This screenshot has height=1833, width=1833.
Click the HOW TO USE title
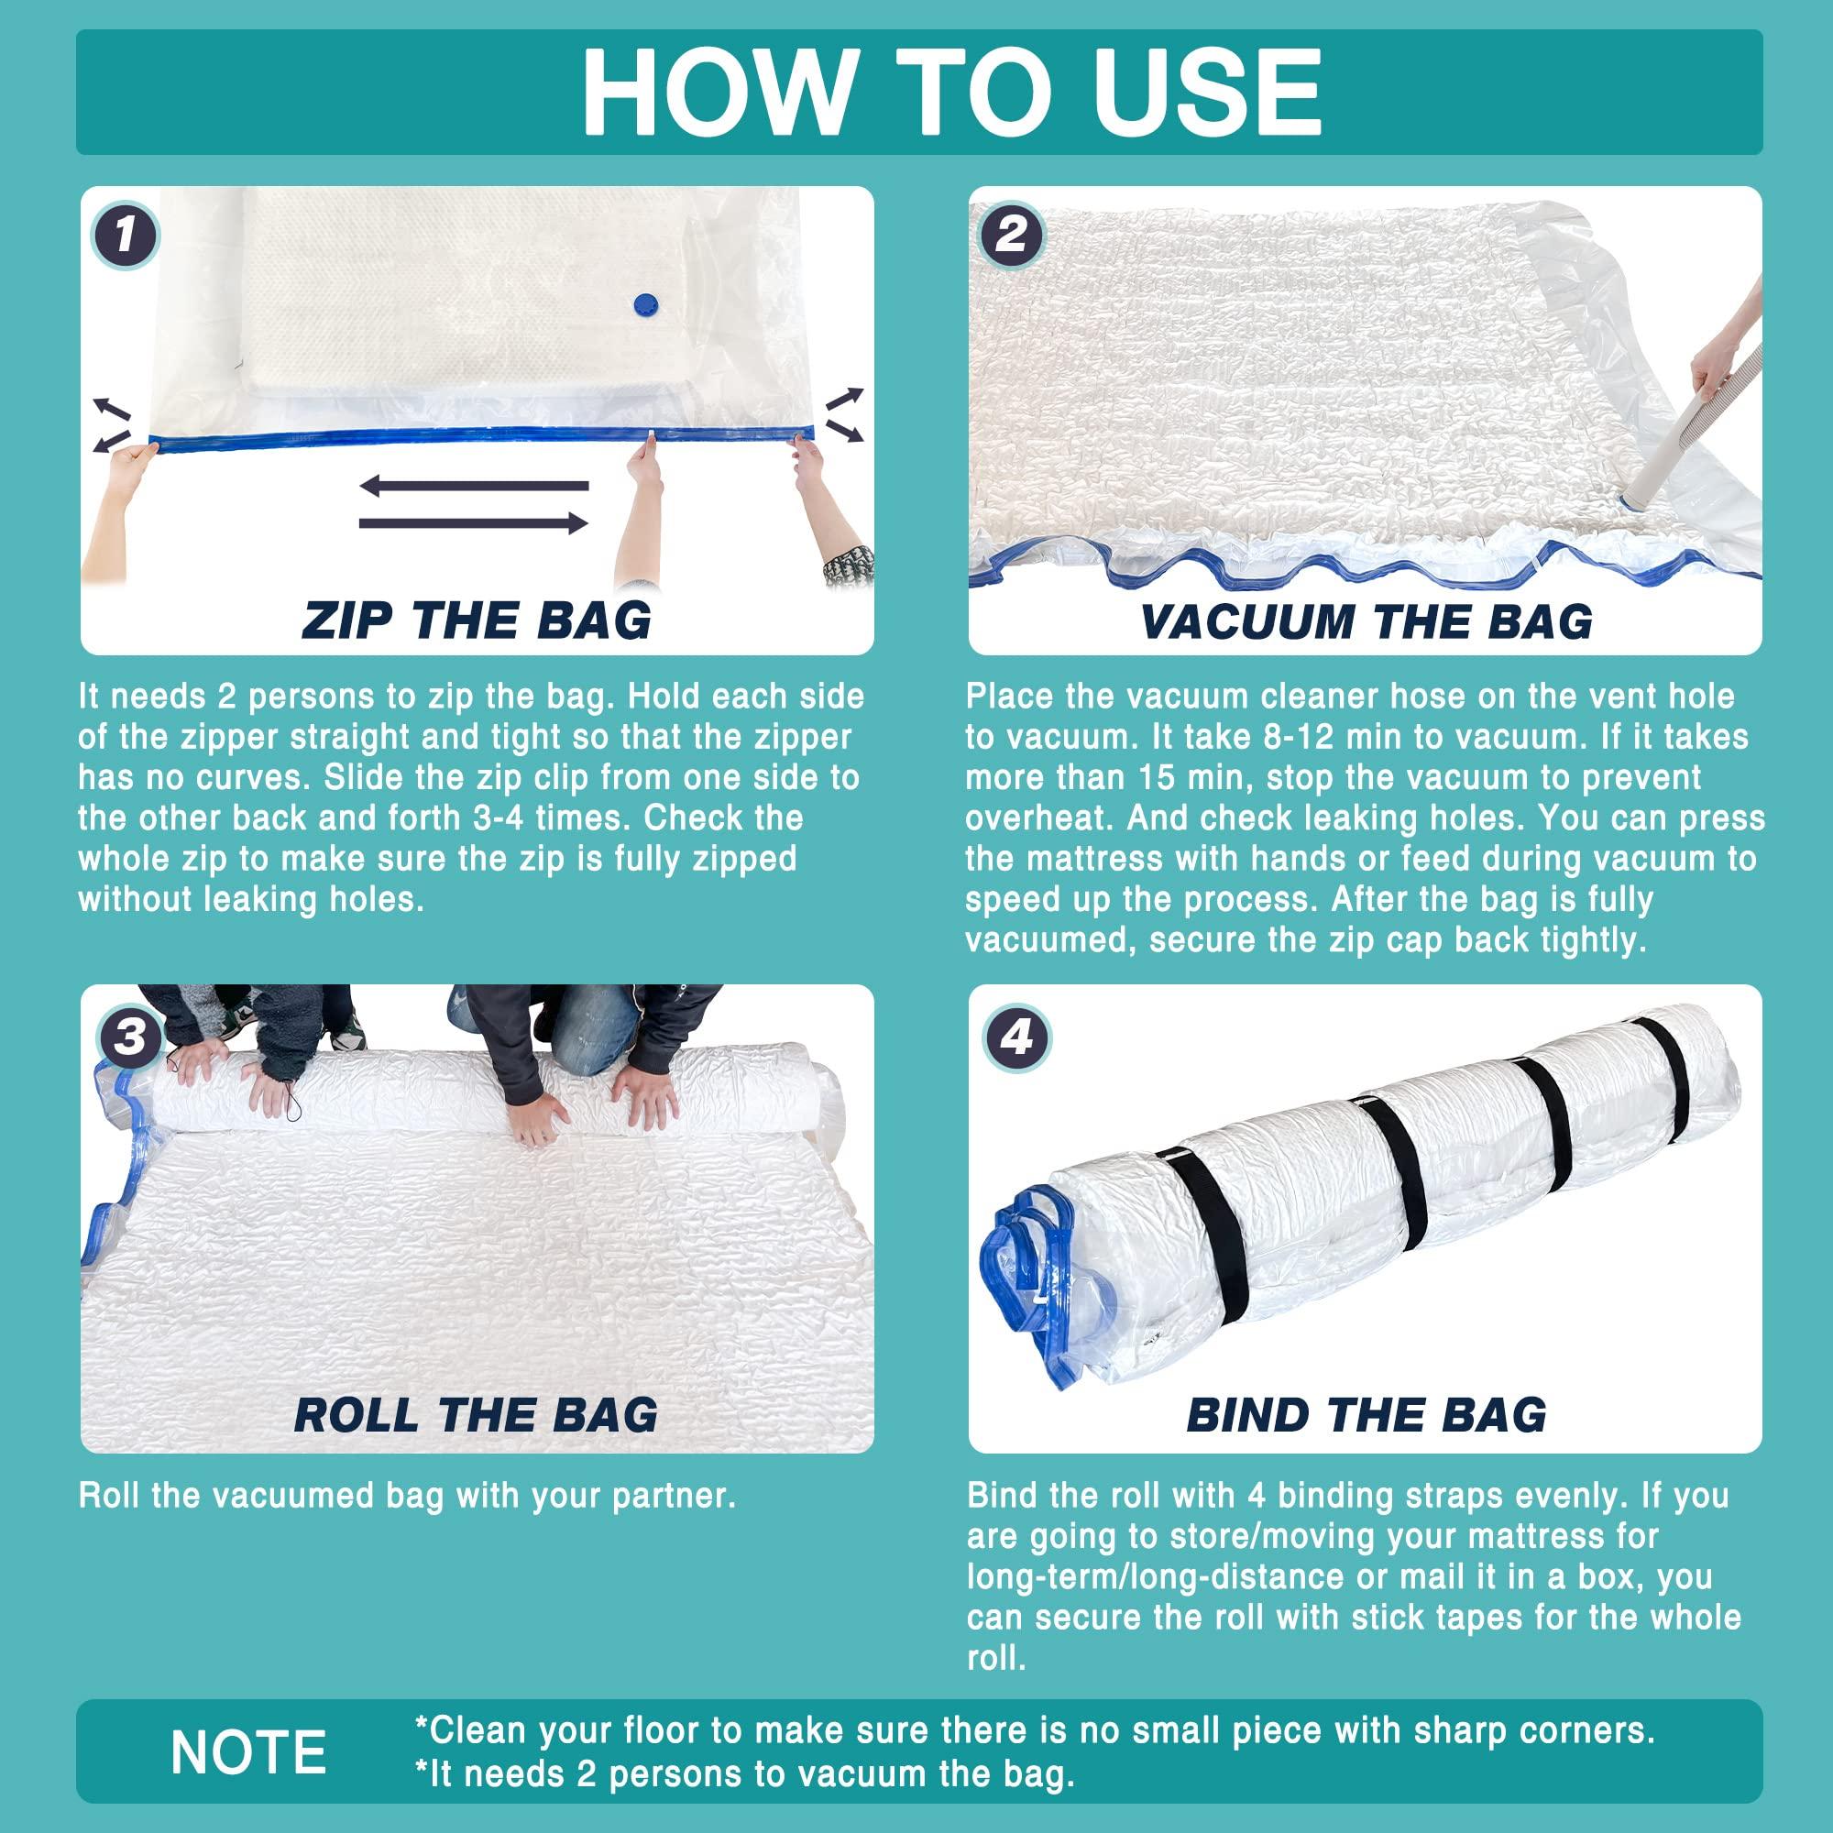coord(951,92)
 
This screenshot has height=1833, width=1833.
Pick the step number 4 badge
coord(1016,1037)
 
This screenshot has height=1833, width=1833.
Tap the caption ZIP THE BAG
coord(477,621)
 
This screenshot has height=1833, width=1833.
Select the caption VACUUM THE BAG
coord(1367,621)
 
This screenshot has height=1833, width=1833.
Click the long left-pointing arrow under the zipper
coord(474,486)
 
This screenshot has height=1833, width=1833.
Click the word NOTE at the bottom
coord(248,1751)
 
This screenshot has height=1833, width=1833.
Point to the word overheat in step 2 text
coord(1037,818)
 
